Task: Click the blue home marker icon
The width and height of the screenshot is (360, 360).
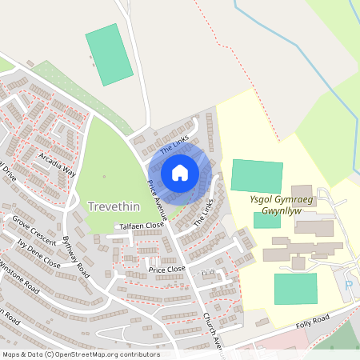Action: click(x=179, y=172)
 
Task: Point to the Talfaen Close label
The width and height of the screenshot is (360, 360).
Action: click(x=142, y=226)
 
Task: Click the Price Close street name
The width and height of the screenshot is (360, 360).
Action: click(x=166, y=269)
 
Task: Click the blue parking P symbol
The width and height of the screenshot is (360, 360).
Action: click(x=348, y=286)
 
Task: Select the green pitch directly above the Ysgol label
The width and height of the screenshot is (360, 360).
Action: click(x=257, y=176)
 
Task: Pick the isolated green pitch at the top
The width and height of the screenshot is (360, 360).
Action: click(x=109, y=52)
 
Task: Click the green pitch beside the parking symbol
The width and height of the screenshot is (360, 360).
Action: click(x=295, y=289)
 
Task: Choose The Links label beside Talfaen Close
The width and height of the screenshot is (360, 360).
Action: click(x=204, y=213)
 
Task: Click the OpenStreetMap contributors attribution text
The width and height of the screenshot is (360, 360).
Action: click(x=80, y=354)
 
